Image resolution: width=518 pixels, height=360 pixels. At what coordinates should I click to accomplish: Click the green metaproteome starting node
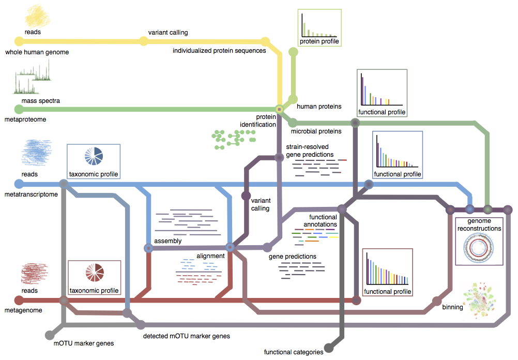click(x=19, y=109)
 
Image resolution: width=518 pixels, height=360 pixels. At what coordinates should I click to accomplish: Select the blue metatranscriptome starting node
click(x=19, y=184)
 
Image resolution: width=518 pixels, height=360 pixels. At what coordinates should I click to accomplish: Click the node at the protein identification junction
click(x=279, y=109)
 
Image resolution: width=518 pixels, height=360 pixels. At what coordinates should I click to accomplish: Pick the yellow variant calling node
click(x=144, y=41)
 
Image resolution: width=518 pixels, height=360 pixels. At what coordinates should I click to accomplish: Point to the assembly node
click(x=149, y=249)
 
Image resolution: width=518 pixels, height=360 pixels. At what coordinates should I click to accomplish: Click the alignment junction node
click(x=231, y=248)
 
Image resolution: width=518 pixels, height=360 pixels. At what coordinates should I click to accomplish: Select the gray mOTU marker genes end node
click(x=50, y=335)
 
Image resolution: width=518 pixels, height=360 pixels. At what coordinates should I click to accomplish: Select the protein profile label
click(x=319, y=41)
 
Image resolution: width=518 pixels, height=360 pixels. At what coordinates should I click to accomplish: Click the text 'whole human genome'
click(x=37, y=52)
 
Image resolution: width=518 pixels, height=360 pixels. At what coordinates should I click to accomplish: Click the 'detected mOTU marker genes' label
click(x=186, y=336)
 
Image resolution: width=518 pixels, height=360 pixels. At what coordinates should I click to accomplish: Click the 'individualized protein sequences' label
click(x=219, y=51)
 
